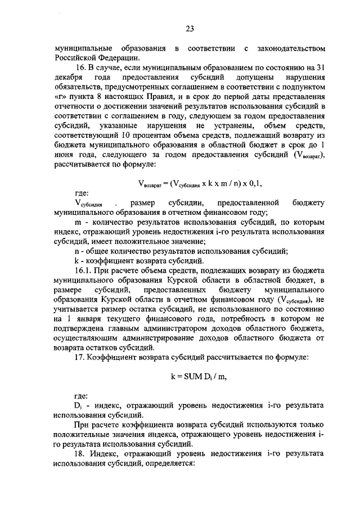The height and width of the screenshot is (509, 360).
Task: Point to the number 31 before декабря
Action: pos(320,68)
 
